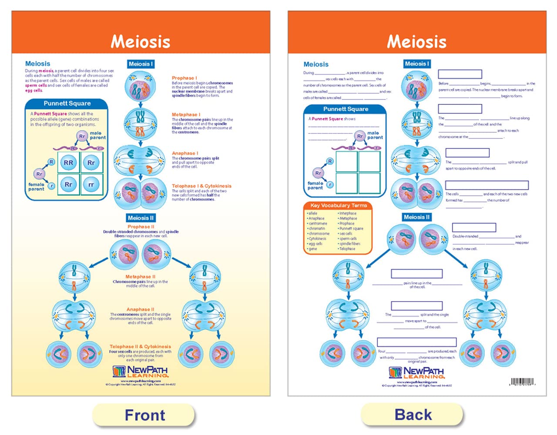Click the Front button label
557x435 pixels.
[x=144, y=415]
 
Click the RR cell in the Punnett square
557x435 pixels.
[x=68, y=163]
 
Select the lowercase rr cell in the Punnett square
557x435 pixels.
[x=91, y=184]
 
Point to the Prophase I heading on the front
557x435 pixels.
[x=184, y=78]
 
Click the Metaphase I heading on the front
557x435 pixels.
[x=186, y=114]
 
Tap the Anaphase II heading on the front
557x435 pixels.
[x=140, y=309]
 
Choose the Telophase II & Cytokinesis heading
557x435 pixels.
[x=140, y=347]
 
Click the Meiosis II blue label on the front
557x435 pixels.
[x=141, y=218]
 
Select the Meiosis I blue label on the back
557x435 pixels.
[x=416, y=64]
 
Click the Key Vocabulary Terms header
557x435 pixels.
[x=338, y=205]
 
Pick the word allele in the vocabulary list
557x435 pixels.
[x=313, y=214]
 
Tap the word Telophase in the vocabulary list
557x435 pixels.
[x=347, y=249]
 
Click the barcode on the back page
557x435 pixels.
[x=522, y=382]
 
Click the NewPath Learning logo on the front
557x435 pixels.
[x=140, y=371]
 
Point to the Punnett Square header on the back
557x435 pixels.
[x=346, y=109]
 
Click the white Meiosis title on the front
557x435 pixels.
[x=140, y=42]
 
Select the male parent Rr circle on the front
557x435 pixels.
[x=82, y=137]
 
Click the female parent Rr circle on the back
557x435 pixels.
[x=318, y=173]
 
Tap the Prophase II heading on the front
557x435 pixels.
[x=141, y=227]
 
